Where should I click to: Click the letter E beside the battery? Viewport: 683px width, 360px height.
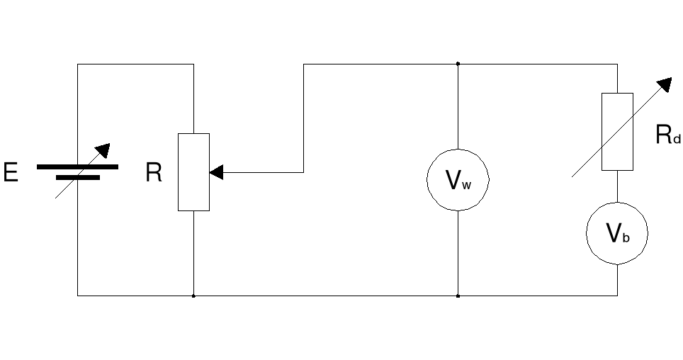pos(11,172)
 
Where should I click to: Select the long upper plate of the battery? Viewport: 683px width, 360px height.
pos(77,167)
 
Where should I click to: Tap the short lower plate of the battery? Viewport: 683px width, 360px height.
pos(77,178)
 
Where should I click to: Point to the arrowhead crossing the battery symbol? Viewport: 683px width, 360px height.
pos(103,150)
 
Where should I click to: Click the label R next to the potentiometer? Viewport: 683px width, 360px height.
pos(153,172)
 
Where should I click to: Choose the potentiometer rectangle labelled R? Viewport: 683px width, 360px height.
pos(193,172)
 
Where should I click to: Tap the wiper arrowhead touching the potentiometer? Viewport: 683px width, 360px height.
pos(216,172)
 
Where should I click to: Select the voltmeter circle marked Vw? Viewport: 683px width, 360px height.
pos(458,180)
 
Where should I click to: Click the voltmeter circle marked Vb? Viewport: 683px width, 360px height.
pos(617,234)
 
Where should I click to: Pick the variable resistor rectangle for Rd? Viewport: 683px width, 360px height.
pos(617,132)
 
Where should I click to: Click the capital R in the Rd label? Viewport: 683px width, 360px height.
pos(664,135)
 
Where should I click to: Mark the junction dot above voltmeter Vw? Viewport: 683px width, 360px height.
pos(458,64)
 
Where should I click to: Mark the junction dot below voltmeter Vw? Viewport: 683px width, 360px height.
pos(458,296)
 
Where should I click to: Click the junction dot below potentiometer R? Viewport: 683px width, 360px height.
pos(193,296)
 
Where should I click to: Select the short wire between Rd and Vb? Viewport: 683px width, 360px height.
pos(617,186)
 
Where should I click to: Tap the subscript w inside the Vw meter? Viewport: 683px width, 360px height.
pos(466,186)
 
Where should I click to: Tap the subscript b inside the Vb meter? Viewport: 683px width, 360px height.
pos(626,238)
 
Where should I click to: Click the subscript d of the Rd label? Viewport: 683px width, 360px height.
pos(677,140)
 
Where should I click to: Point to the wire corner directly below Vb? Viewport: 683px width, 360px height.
pos(617,296)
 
